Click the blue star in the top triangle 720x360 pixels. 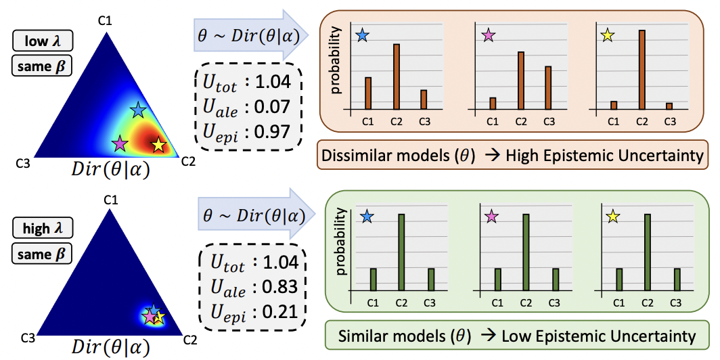click(x=138, y=110)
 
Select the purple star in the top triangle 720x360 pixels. click(x=120, y=143)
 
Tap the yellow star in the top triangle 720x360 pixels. click(x=158, y=144)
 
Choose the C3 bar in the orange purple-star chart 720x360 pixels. click(x=548, y=87)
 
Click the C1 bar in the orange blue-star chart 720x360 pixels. click(x=368, y=93)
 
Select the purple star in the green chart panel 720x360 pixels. click(x=491, y=217)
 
